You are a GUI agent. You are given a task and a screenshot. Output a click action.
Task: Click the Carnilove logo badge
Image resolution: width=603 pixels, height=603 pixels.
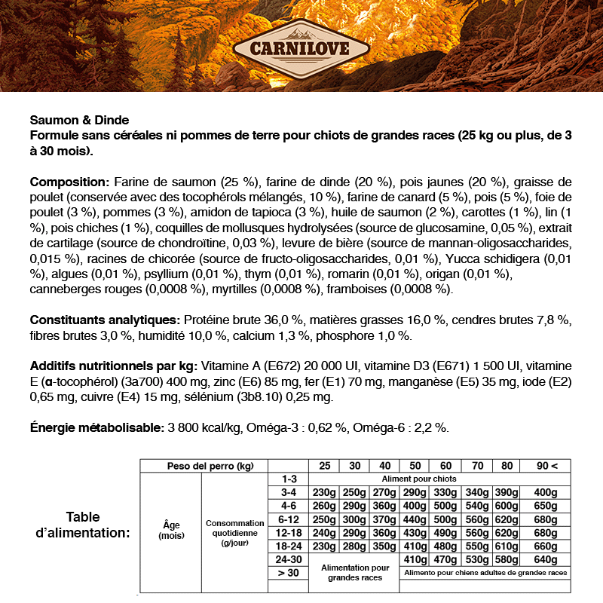coord(301,51)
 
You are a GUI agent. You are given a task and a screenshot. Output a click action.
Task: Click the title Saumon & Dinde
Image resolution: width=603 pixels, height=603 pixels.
coord(79,120)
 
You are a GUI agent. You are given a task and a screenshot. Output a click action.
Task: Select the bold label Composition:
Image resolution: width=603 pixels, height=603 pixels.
coord(69,182)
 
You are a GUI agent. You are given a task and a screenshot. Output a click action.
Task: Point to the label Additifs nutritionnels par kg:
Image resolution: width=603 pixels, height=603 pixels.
coord(114,366)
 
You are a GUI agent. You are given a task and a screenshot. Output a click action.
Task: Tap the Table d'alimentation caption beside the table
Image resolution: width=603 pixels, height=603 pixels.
coord(83,525)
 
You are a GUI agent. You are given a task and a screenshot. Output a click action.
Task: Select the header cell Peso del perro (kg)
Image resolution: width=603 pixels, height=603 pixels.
coord(204,466)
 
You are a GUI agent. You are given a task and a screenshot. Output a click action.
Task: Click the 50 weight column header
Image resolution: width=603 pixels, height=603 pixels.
coord(415,466)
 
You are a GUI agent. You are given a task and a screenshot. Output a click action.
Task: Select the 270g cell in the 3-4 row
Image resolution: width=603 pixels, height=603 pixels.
coord(384,492)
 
